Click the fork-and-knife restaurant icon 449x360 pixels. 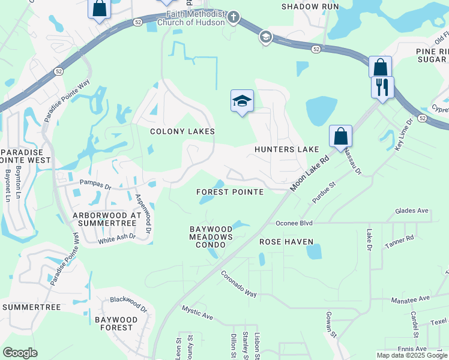pyautogui.click(x=382, y=88)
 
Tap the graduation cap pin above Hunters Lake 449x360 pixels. pyautogui.click(x=242, y=101)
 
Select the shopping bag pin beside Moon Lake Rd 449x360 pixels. pyautogui.click(x=340, y=136)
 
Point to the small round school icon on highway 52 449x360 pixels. pyautogui.click(x=265, y=38)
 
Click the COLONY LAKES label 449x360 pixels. pyautogui.click(x=182, y=131)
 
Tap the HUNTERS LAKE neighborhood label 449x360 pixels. pyautogui.click(x=286, y=149)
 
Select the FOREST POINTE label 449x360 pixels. pyautogui.click(x=231, y=192)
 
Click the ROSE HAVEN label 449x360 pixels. pyautogui.click(x=286, y=242)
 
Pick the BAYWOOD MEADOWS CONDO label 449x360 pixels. pyautogui.click(x=211, y=237)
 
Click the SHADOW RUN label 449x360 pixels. pyautogui.click(x=310, y=7)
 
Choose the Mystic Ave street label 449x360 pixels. pyautogui.click(x=197, y=312)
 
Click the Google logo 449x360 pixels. pyautogui.click(x=20, y=353)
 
